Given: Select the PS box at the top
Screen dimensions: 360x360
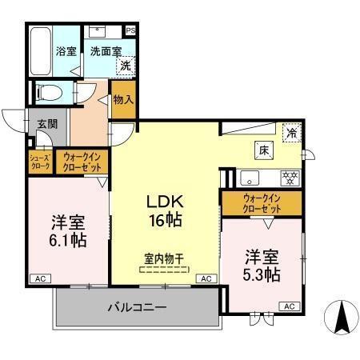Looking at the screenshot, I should coord(130,31).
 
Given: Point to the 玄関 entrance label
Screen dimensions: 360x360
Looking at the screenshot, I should coord(46,124).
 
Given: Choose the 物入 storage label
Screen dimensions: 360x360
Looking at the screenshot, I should coord(122,99).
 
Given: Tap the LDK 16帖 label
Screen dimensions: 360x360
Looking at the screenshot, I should coord(164,208).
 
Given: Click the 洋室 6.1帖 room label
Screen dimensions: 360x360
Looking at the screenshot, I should coord(67,230).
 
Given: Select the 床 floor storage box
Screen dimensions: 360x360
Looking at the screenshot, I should coord(263,149).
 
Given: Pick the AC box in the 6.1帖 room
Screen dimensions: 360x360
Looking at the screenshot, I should coord(39,278).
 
